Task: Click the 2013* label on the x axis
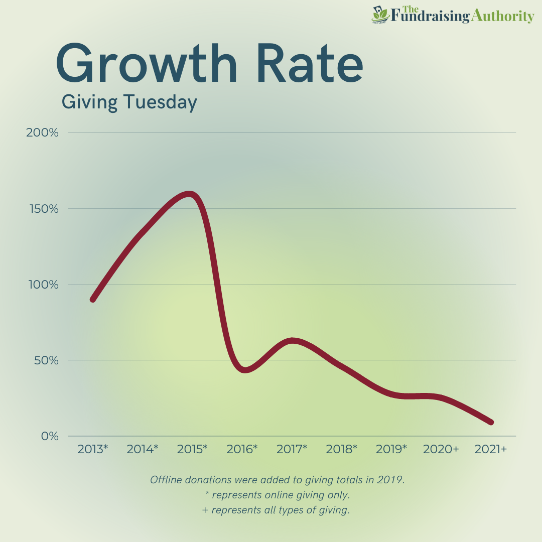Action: [x=93, y=449]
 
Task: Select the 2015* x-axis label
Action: [x=192, y=449]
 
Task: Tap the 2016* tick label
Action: [x=242, y=449]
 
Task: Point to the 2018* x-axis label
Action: [x=342, y=449]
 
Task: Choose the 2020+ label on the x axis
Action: [x=441, y=449]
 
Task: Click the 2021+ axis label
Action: [x=491, y=449]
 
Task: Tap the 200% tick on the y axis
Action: [x=42, y=133]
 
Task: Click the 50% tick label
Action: [x=45, y=360]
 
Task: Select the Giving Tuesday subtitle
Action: [x=129, y=102]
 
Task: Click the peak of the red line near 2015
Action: [x=189, y=194]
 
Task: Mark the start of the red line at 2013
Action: [x=93, y=299]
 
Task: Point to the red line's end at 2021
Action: [x=491, y=422]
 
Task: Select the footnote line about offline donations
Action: [x=278, y=480]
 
